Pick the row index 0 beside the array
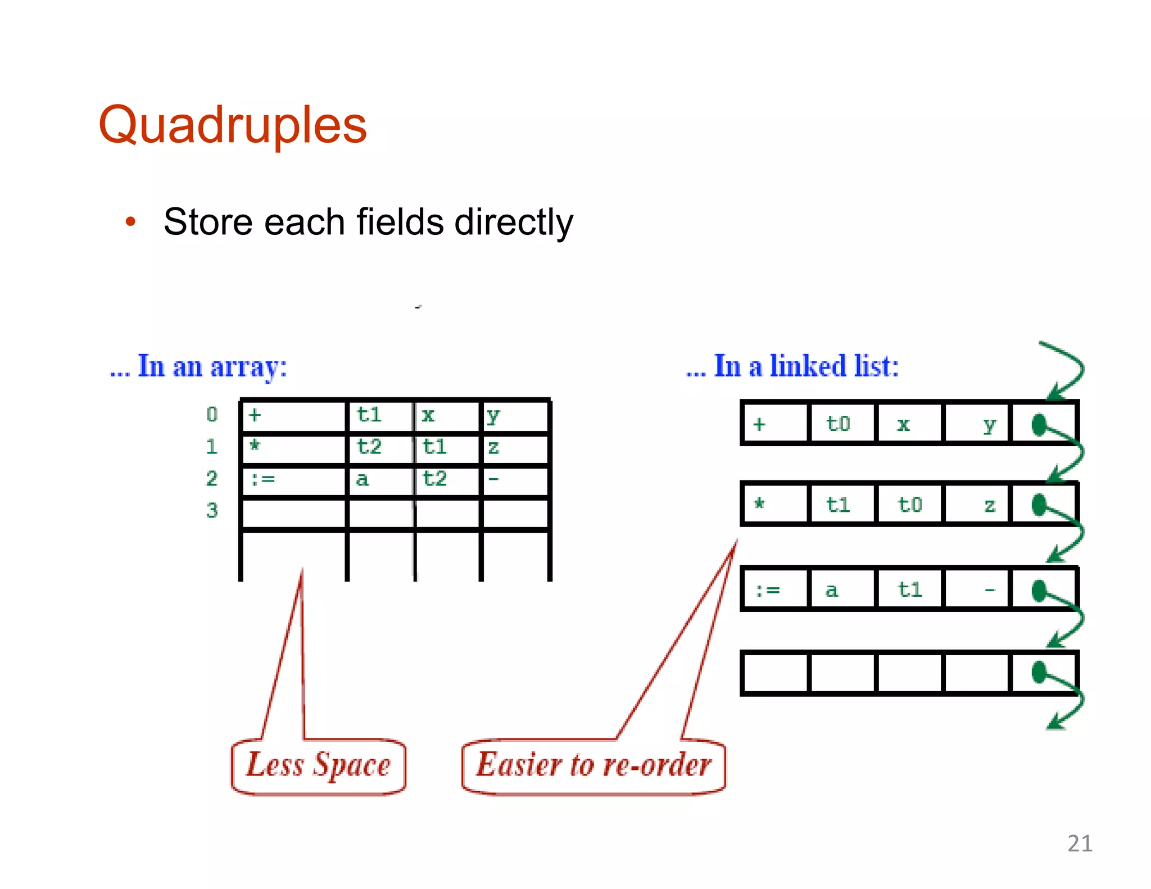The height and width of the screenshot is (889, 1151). coord(212,415)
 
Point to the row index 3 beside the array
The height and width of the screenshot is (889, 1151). coord(212,510)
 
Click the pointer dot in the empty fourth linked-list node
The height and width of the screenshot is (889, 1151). coord(1039,672)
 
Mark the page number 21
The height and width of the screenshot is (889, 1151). coord(1080,843)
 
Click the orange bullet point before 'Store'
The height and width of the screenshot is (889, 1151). coord(131,221)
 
